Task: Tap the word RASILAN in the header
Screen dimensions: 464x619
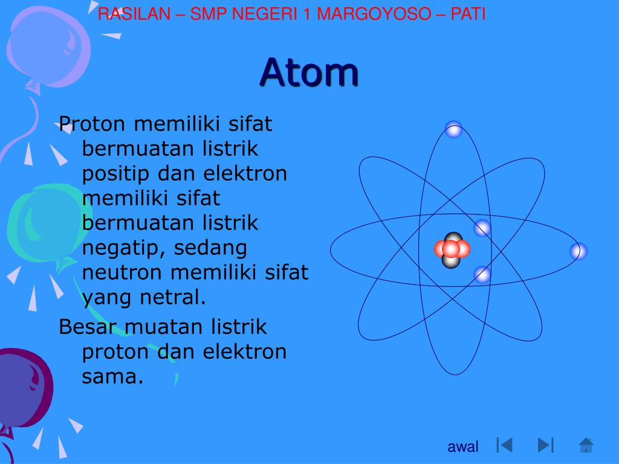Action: tap(134, 14)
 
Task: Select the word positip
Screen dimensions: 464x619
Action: tap(116, 174)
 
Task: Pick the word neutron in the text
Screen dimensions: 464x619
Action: tap(123, 272)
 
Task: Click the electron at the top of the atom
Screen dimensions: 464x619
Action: tap(453, 129)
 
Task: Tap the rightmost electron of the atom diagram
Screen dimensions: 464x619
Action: tap(578, 251)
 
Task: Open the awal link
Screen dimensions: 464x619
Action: tap(463, 447)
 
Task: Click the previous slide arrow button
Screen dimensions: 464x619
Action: tap(504, 445)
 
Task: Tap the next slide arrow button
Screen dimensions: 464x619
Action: tap(545, 445)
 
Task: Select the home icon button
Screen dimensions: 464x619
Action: tap(586, 445)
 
